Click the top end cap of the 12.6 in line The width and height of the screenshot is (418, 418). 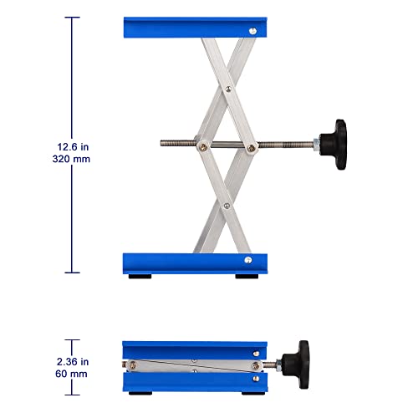coord(74,18)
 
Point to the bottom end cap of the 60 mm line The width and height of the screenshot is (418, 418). coord(74,393)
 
